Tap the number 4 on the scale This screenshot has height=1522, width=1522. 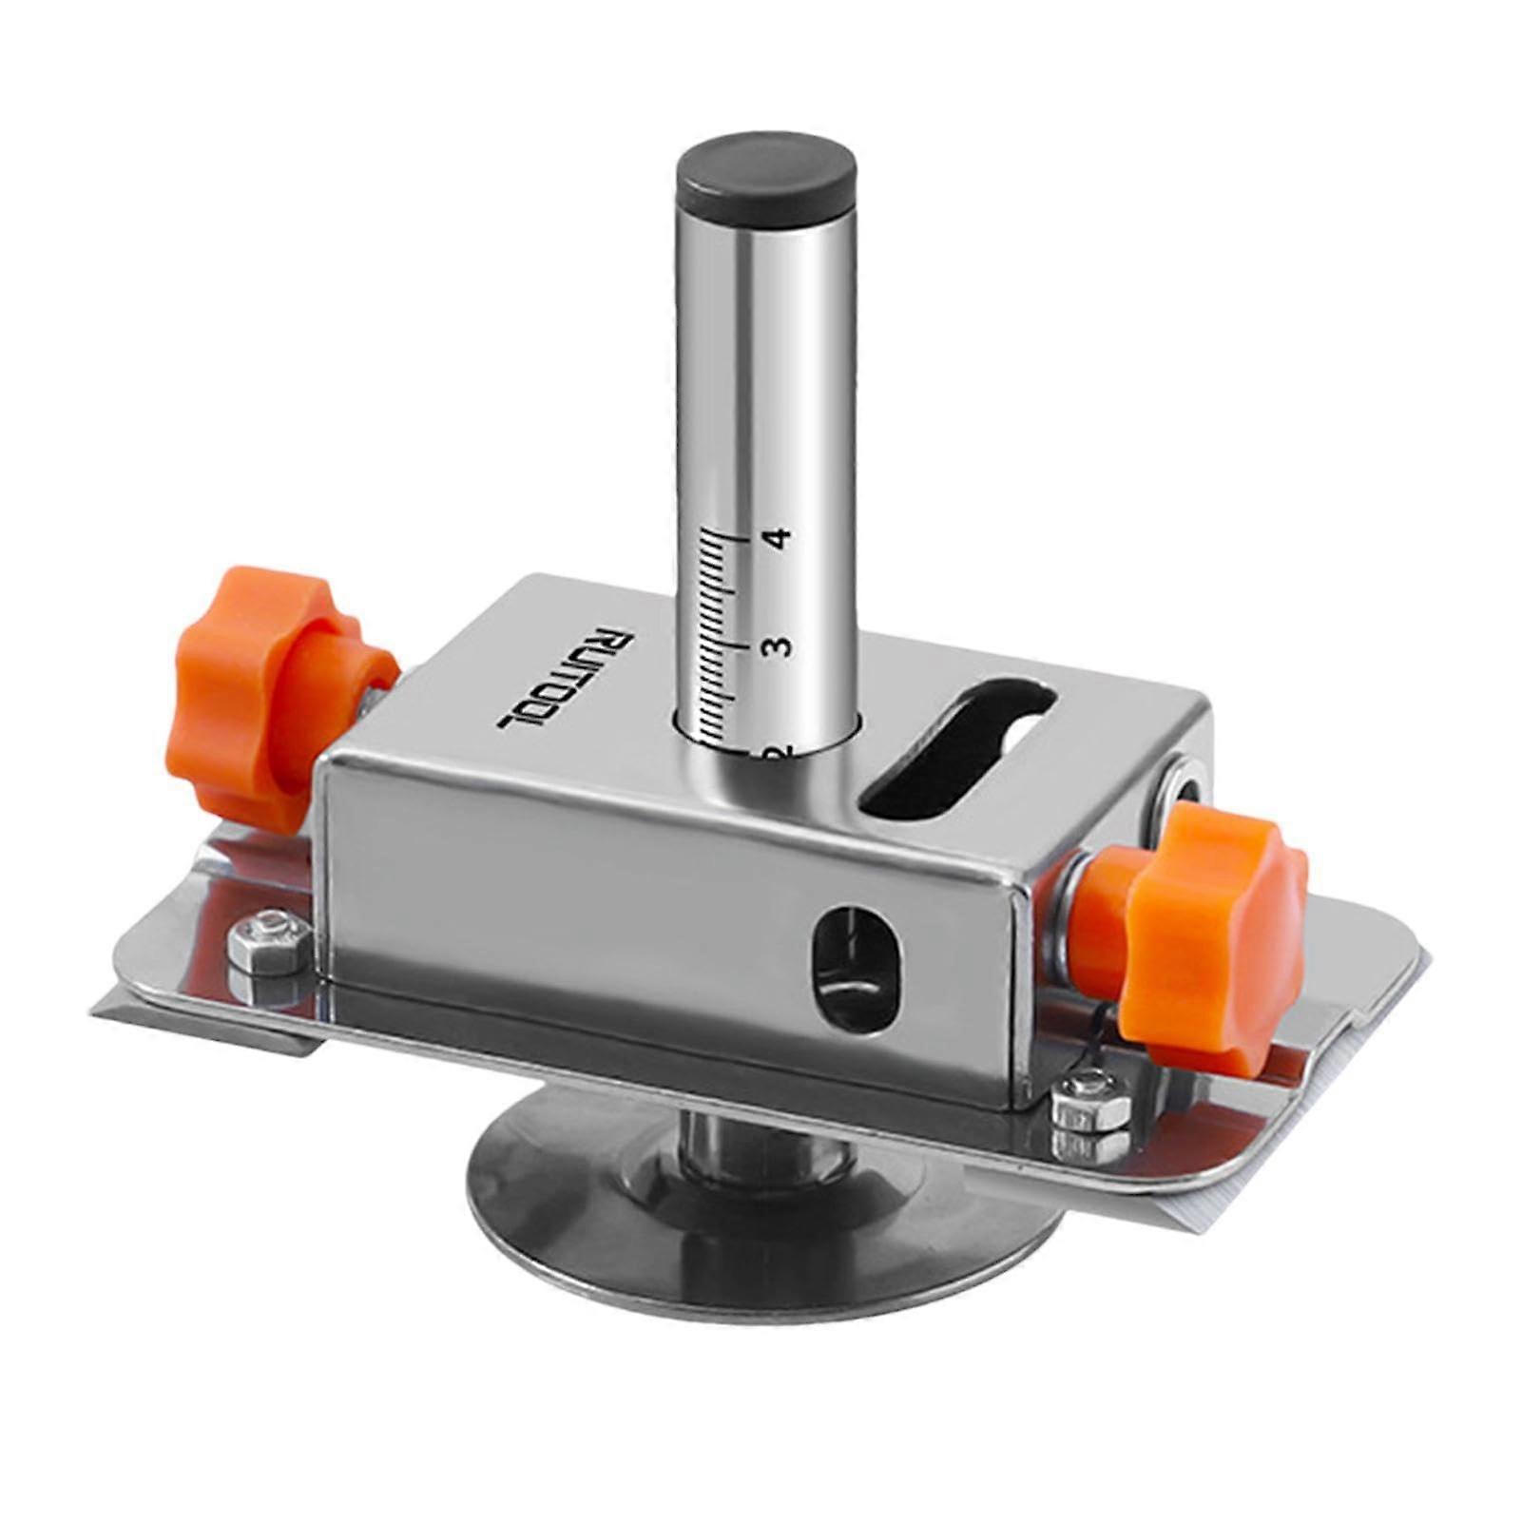pos(780,539)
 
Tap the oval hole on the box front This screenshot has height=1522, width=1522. pos(855,969)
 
